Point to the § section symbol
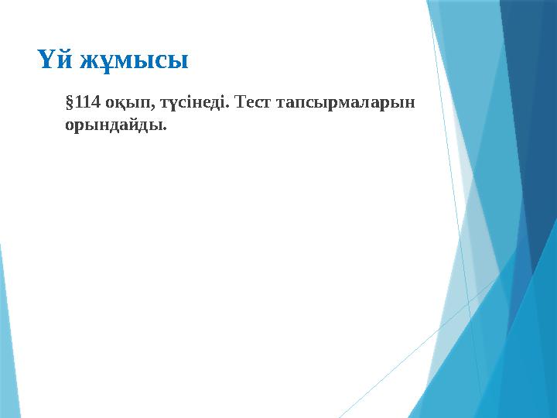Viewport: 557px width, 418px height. (70, 102)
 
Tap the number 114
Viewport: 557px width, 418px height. (88, 102)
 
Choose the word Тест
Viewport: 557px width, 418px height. (252, 102)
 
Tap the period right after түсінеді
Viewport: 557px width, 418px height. (229, 106)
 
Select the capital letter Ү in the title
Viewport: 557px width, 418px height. (46, 59)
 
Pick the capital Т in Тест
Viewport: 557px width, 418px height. (239, 102)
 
